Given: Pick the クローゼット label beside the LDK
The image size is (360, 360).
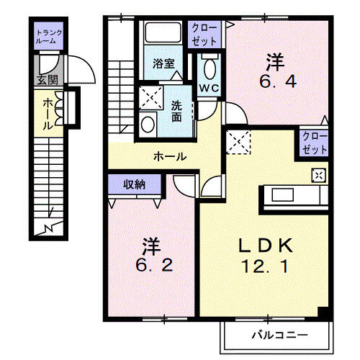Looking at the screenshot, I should tap(314, 142).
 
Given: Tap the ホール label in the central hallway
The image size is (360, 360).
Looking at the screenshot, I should tap(170, 156).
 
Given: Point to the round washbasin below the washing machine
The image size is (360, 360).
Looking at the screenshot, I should tap(148, 124).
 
